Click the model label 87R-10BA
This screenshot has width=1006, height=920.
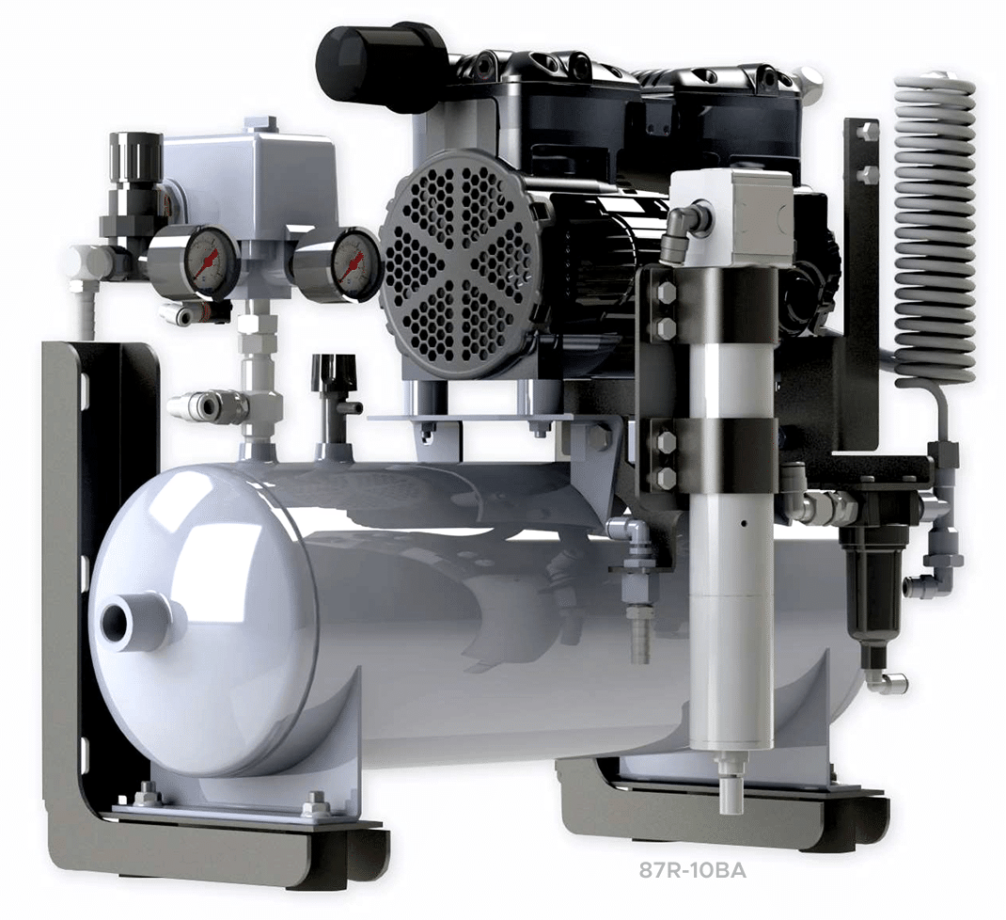point(692,871)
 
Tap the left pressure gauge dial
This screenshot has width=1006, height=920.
point(207,262)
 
